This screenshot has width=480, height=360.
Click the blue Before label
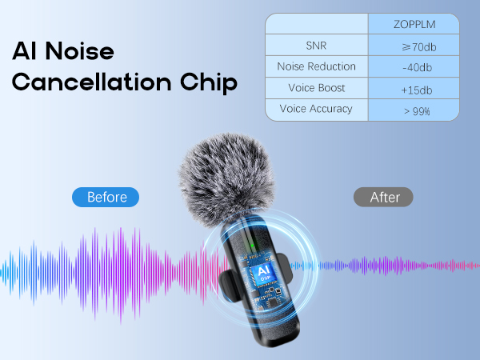pos(106,197)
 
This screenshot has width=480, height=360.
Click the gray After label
pos(383,197)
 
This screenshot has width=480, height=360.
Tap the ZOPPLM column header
pos(414,24)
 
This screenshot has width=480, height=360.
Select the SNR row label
pos(316,46)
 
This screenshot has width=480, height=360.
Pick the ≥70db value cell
pos(414,46)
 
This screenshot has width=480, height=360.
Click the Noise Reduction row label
pos(316,66)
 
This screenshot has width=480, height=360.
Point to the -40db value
pos(414,67)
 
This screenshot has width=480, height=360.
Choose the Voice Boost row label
pos(316,88)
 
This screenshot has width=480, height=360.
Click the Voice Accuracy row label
pos(316,109)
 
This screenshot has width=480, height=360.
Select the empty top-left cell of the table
pos(316,24)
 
